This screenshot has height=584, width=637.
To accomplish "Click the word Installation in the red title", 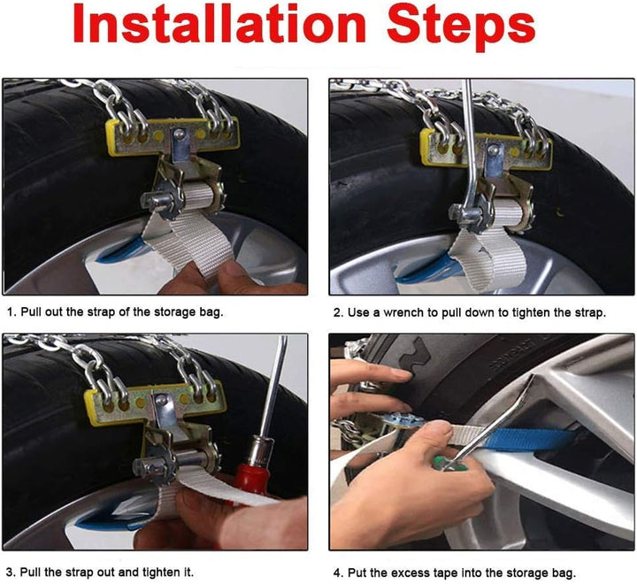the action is pos(219,25).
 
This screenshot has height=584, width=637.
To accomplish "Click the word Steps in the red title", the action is pos(461,27).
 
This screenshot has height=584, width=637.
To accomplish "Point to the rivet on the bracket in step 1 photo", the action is pos(178,133).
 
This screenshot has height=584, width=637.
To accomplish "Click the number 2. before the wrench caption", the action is pos(338,312).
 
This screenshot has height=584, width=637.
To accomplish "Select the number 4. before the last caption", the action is pos(338,573).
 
